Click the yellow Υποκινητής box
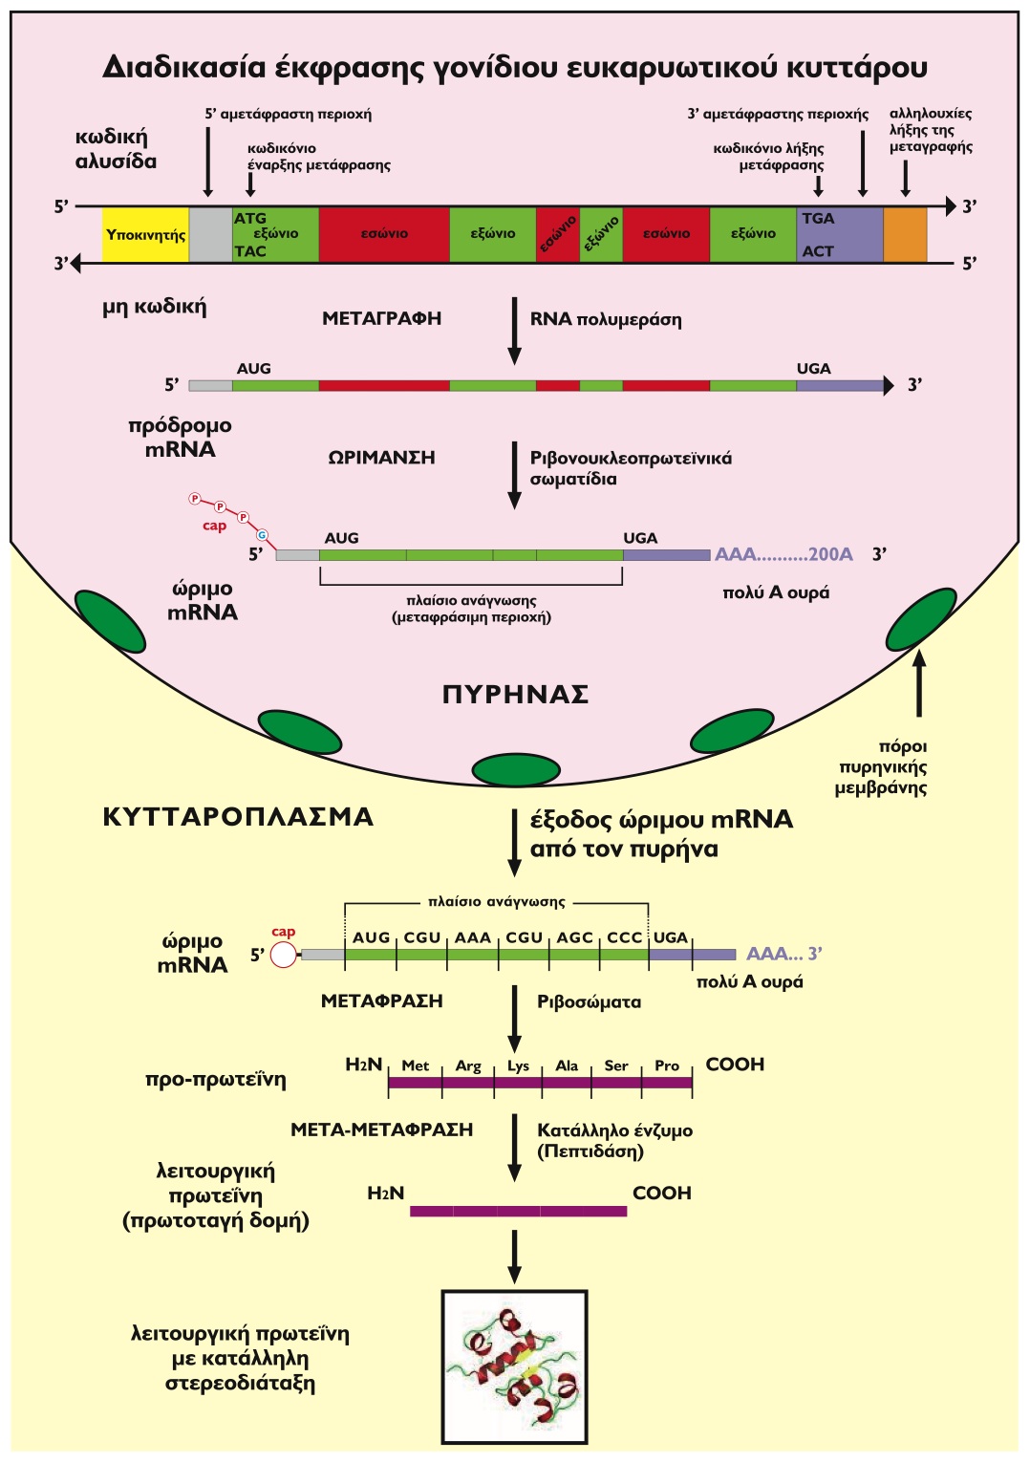145,234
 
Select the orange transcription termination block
905,234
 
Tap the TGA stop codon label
818,219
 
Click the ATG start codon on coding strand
250,219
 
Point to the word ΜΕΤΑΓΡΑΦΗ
381,319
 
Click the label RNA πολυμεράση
606,319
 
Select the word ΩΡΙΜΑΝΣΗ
381,458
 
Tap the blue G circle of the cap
262,535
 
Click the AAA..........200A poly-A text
783,554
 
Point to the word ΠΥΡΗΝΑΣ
515,695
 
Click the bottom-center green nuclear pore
516,769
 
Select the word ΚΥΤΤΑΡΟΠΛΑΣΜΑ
238,817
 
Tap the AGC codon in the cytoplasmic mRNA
575,938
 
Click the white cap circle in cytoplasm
284,955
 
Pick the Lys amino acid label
518,1066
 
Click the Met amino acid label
415,1066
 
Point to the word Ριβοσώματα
589,1002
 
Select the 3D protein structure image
514,1366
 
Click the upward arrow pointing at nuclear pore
919,682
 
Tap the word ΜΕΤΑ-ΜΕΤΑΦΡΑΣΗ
381,1130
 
